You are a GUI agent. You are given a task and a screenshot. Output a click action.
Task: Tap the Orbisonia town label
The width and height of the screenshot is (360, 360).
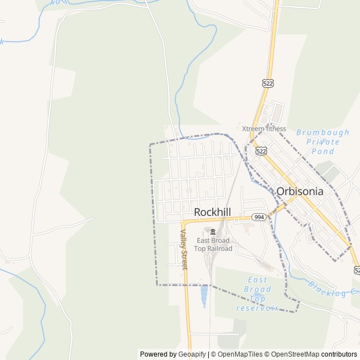[x=300, y=191]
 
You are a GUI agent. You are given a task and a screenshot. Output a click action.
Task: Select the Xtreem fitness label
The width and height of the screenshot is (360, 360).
[x=264, y=128]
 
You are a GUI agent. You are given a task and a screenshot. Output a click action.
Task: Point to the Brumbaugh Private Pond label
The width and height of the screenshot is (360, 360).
[x=322, y=142]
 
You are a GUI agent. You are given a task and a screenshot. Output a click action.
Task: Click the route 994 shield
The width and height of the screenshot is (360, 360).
[x=259, y=217]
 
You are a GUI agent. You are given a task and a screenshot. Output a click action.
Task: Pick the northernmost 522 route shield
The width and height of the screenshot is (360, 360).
[x=267, y=83]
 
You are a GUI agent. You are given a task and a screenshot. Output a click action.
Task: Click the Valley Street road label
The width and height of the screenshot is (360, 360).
[x=183, y=249]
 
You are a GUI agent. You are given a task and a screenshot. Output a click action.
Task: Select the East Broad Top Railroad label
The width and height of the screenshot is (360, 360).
[x=213, y=245]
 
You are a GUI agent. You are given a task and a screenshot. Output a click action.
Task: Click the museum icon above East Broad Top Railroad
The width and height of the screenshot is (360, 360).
[x=213, y=232]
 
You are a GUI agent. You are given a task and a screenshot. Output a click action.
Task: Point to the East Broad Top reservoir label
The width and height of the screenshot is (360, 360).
[x=258, y=294]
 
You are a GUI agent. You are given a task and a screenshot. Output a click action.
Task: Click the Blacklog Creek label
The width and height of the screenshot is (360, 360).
[x=332, y=289]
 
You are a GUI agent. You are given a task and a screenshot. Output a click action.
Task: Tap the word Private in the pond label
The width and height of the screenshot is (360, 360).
[x=322, y=142]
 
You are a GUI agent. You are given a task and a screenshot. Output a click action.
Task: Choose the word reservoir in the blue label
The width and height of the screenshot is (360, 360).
[x=258, y=308]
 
